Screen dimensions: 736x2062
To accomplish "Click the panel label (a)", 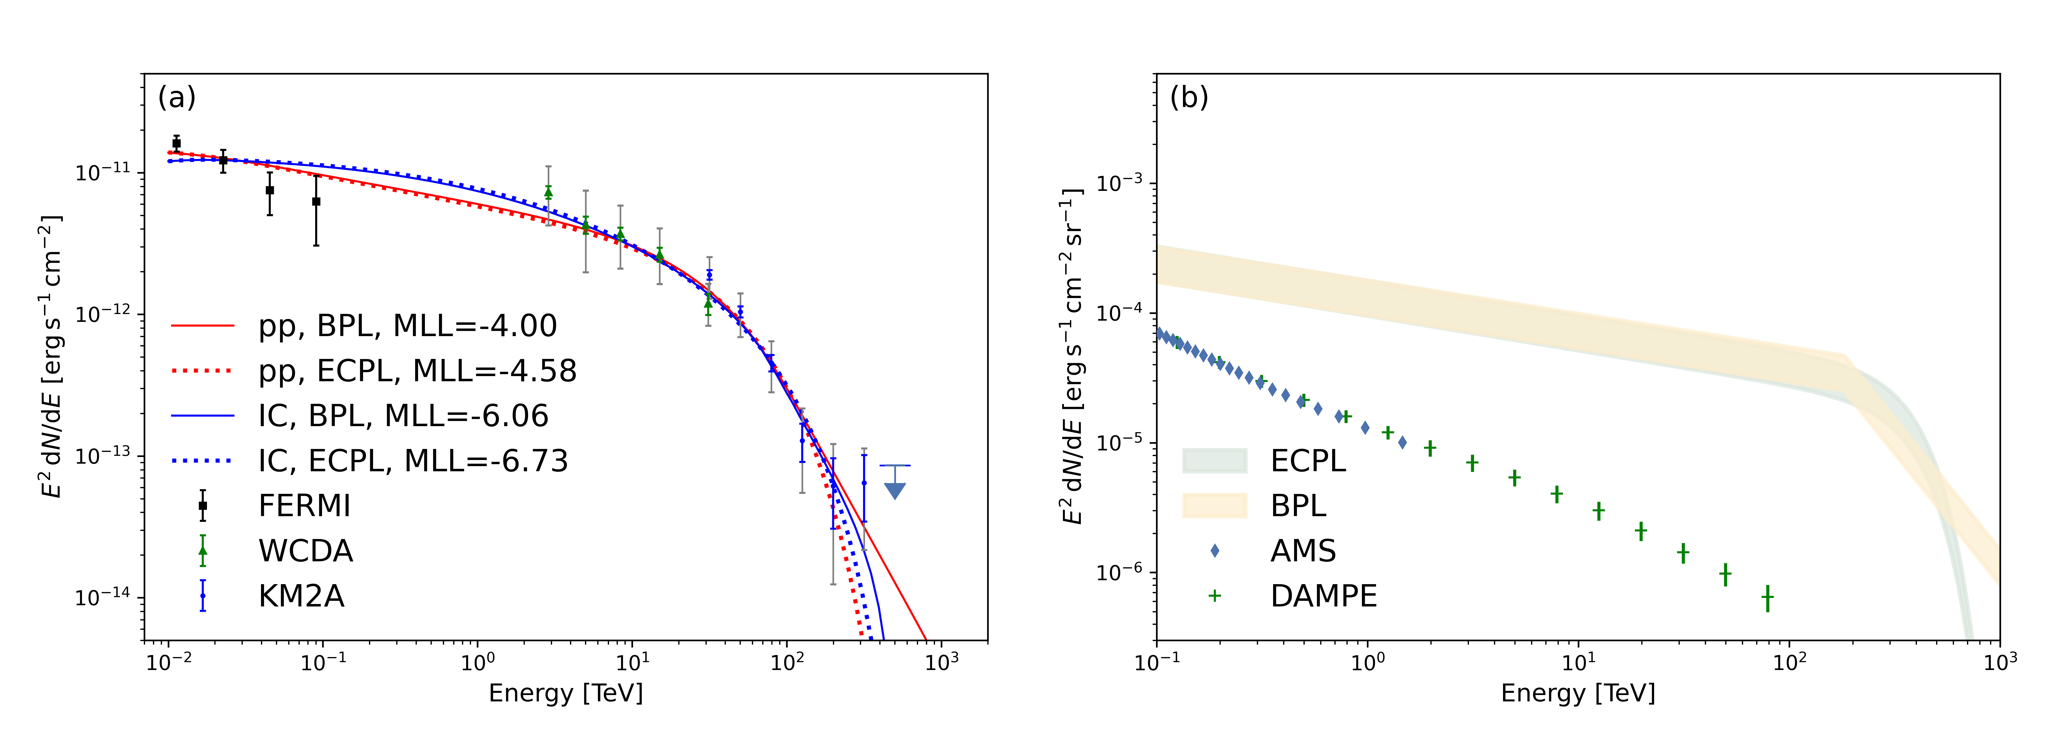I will click(177, 98).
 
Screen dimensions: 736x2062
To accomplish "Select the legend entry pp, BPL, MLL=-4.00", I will click(407, 326).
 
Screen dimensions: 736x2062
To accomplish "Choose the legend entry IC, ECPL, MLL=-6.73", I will click(412, 461).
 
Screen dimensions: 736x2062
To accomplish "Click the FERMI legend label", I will click(304, 506).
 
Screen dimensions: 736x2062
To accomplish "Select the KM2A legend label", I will click(301, 596).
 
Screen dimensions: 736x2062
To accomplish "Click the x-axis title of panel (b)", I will click(1578, 693).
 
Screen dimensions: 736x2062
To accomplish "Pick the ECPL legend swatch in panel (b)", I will click(1214, 461).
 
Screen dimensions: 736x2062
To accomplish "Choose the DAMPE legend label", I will click(1323, 596).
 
